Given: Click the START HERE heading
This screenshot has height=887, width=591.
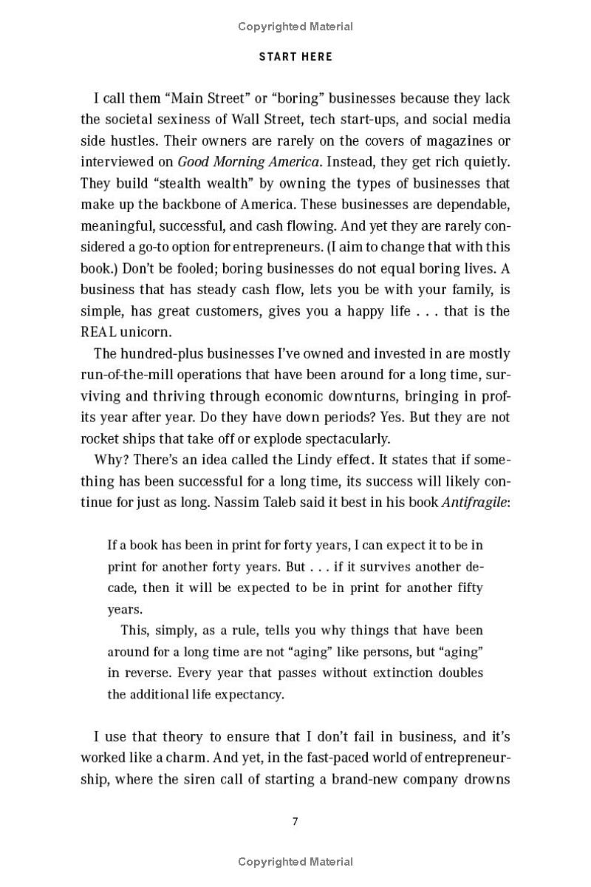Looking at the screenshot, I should coord(295,57).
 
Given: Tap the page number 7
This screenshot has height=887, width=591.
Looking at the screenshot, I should coord(295,821).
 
